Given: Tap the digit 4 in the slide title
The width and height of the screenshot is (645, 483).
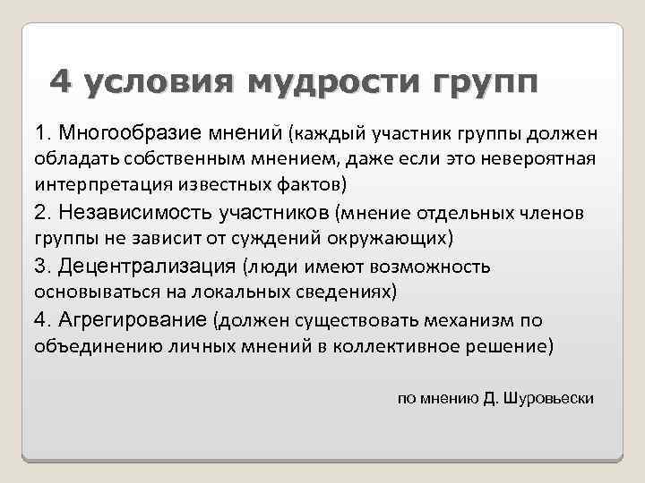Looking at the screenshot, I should pos(59,80).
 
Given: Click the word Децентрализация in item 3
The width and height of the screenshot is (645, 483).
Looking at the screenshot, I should pos(148,266).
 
